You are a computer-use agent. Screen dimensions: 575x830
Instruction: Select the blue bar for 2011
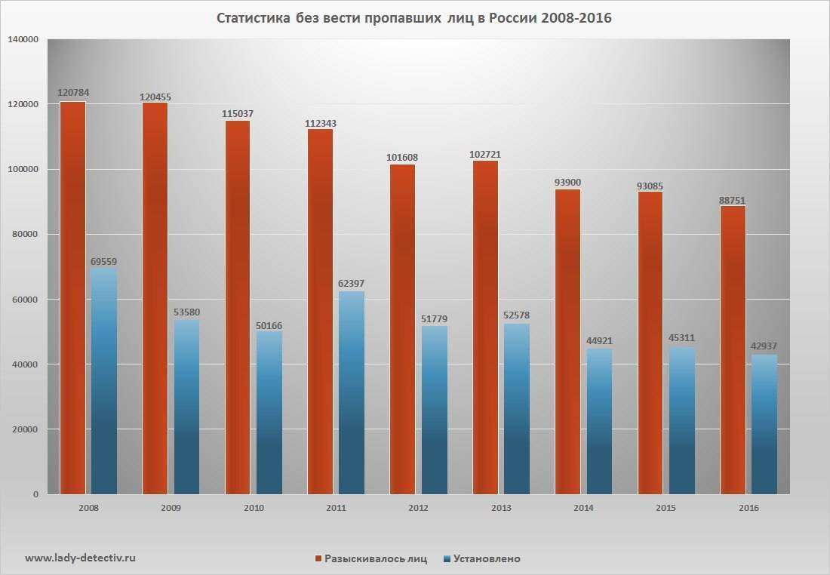point(352,392)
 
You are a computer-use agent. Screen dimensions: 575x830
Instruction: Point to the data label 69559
point(104,262)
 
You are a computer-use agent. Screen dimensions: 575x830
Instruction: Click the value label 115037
point(238,114)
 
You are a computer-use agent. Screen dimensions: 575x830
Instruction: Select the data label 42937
point(764,346)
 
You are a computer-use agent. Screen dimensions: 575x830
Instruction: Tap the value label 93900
point(568,183)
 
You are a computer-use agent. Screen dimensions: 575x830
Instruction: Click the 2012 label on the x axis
point(418,508)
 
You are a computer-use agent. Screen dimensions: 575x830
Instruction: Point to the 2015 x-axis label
point(666,508)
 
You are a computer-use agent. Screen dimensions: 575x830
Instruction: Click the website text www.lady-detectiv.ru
point(81,558)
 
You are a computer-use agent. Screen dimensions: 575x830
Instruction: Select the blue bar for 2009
point(186,407)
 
